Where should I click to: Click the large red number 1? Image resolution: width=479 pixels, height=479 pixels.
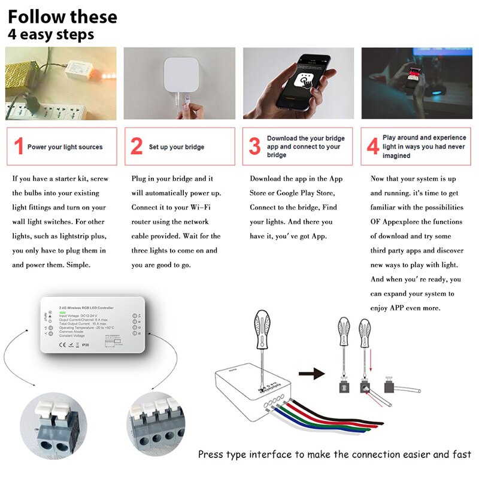[x=19, y=147]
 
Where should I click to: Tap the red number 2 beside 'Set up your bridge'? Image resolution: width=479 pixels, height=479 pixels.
[x=137, y=147]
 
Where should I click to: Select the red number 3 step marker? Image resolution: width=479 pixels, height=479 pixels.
[x=255, y=147]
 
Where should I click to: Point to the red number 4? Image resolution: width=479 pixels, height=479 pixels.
[x=372, y=147]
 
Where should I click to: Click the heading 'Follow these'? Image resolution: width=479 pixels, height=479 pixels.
[x=62, y=16]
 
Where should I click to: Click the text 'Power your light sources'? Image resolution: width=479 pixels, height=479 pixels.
[x=65, y=147]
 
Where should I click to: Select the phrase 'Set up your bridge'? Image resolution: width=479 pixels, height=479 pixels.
[x=177, y=147]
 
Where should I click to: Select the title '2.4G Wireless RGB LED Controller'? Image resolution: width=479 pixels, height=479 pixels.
[x=94, y=308]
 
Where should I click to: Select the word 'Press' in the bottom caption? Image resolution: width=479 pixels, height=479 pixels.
[x=211, y=455]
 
